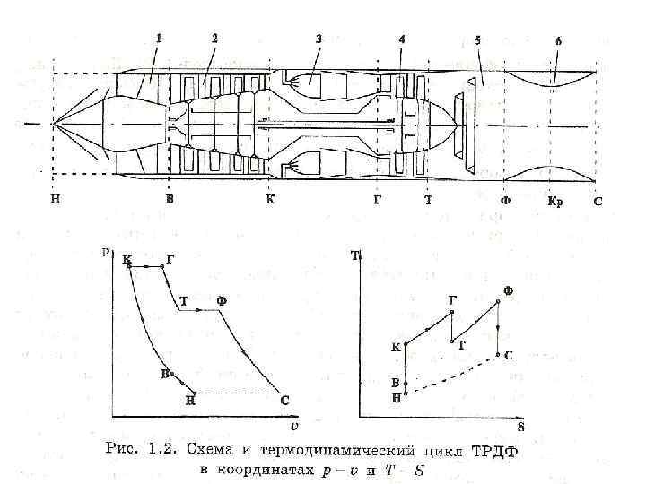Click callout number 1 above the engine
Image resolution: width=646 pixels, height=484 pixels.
159,38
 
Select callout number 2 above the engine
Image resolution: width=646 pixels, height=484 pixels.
215,38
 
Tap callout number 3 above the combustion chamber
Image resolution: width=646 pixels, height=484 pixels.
319,39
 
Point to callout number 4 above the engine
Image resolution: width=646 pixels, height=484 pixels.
401,39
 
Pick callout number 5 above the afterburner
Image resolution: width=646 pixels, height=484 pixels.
477,40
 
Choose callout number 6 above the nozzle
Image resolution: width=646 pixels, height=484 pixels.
559,41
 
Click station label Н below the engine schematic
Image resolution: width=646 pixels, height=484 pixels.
56,200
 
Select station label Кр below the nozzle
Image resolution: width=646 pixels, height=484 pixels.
555,202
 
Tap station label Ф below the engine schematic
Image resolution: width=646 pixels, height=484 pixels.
505,201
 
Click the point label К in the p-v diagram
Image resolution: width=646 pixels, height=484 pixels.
127,259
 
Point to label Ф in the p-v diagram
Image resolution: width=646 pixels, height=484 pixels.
222,301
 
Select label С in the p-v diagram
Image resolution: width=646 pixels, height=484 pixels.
284,401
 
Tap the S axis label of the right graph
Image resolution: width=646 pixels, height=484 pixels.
520,428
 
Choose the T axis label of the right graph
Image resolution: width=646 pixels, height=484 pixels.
355,255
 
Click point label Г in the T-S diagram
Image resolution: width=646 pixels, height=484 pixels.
452,300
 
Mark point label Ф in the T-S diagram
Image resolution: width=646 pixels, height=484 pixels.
508,290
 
